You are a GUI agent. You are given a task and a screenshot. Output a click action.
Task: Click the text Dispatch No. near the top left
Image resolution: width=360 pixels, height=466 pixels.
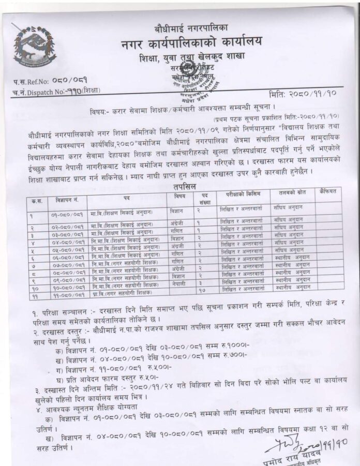[44, 92]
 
